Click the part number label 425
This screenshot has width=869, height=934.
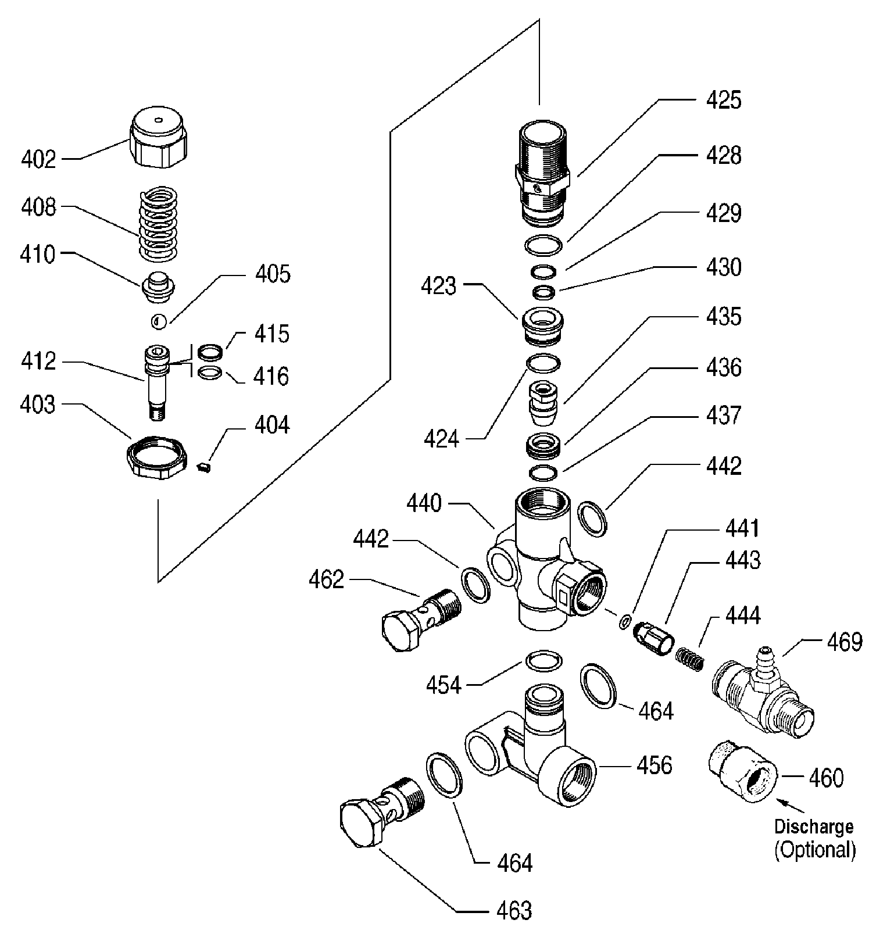pyautogui.click(x=723, y=100)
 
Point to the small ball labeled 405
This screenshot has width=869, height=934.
pyautogui.click(x=159, y=321)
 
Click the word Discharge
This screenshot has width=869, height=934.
pyautogui.click(x=814, y=826)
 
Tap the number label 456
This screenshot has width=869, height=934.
pyautogui.click(x=655, y=765)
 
